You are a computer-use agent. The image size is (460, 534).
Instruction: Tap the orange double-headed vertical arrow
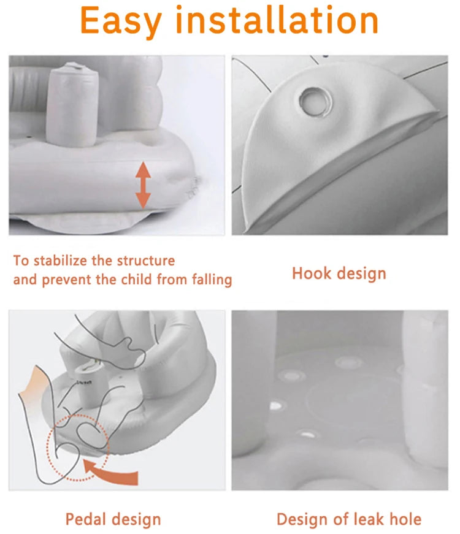(x=143, y=185)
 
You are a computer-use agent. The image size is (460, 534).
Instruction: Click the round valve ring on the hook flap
(x=315, y=102)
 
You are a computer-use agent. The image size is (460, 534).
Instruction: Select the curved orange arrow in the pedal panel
(x=112, y=471)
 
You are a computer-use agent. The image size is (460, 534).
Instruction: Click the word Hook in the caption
(x=312, y=273)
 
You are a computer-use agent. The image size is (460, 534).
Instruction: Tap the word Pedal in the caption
(x=86, y=519)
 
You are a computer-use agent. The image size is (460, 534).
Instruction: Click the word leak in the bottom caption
(x=369, y=519)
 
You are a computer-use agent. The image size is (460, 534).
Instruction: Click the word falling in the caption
(x=212, y=280)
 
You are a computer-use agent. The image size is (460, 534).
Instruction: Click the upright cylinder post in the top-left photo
(x=72, y=104)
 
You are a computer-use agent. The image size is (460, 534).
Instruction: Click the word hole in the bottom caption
(x=405, y=519)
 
